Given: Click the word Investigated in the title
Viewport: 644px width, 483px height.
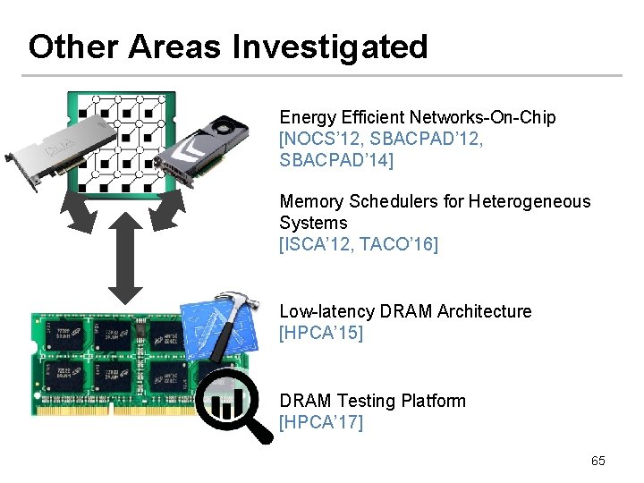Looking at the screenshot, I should [330, 47].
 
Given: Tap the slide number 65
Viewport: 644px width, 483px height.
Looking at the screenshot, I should [597, 461].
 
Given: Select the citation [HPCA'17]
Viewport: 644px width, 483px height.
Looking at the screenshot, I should [321, 422].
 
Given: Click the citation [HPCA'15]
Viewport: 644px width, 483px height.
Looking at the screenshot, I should [321, 333].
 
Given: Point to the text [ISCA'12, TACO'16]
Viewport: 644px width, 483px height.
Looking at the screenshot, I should [359, 243].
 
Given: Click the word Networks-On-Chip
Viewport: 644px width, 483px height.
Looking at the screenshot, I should [482, 117].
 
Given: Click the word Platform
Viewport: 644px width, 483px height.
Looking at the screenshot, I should [434, 401].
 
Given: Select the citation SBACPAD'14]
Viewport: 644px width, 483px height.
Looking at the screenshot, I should [336, 160].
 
